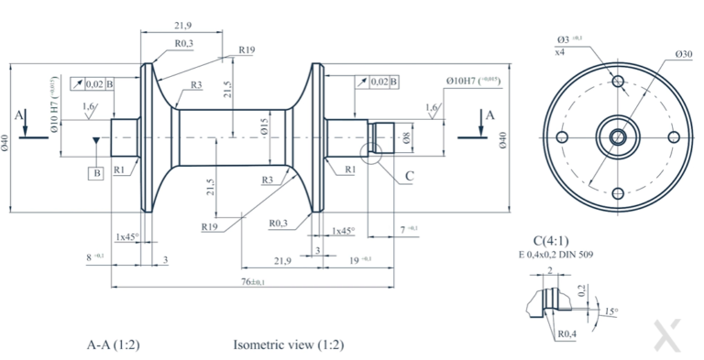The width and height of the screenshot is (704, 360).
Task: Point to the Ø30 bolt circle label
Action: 683,54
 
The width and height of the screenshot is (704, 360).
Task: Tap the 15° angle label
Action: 610,311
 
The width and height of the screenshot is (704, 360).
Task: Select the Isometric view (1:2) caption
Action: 289,345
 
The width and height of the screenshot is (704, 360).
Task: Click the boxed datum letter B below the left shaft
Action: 95,172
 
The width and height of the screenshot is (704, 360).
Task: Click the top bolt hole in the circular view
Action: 619,81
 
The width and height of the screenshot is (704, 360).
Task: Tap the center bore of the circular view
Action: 619,136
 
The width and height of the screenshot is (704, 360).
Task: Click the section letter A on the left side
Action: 19,115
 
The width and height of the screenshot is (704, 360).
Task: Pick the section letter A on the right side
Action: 489,115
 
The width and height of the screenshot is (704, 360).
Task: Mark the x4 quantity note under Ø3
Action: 559,52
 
